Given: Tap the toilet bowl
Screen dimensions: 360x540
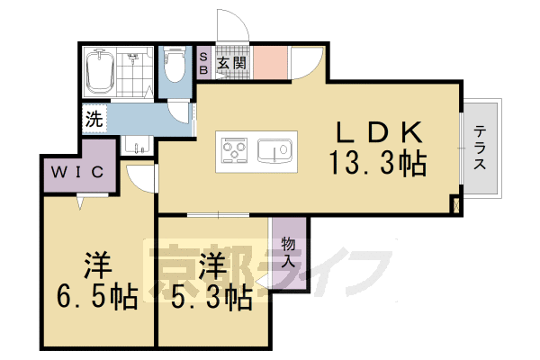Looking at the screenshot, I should click(x=174, y=67).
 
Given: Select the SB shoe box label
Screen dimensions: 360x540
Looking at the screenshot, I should click(x=203, y=63).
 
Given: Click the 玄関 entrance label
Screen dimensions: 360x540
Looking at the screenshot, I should click(x=231, y=63).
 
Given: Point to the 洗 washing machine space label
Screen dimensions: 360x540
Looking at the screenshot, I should click(x=94, y=117).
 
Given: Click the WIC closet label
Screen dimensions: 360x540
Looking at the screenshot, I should click(x=78, y=171).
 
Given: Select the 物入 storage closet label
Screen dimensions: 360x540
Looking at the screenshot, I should click(x=289, y=252).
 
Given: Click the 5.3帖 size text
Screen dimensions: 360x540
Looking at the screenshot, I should click(x=211, y=297).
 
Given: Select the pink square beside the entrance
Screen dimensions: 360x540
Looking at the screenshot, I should click(x=268, y=62).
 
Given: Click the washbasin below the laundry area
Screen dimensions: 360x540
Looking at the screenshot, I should click(x=137, y=147).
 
